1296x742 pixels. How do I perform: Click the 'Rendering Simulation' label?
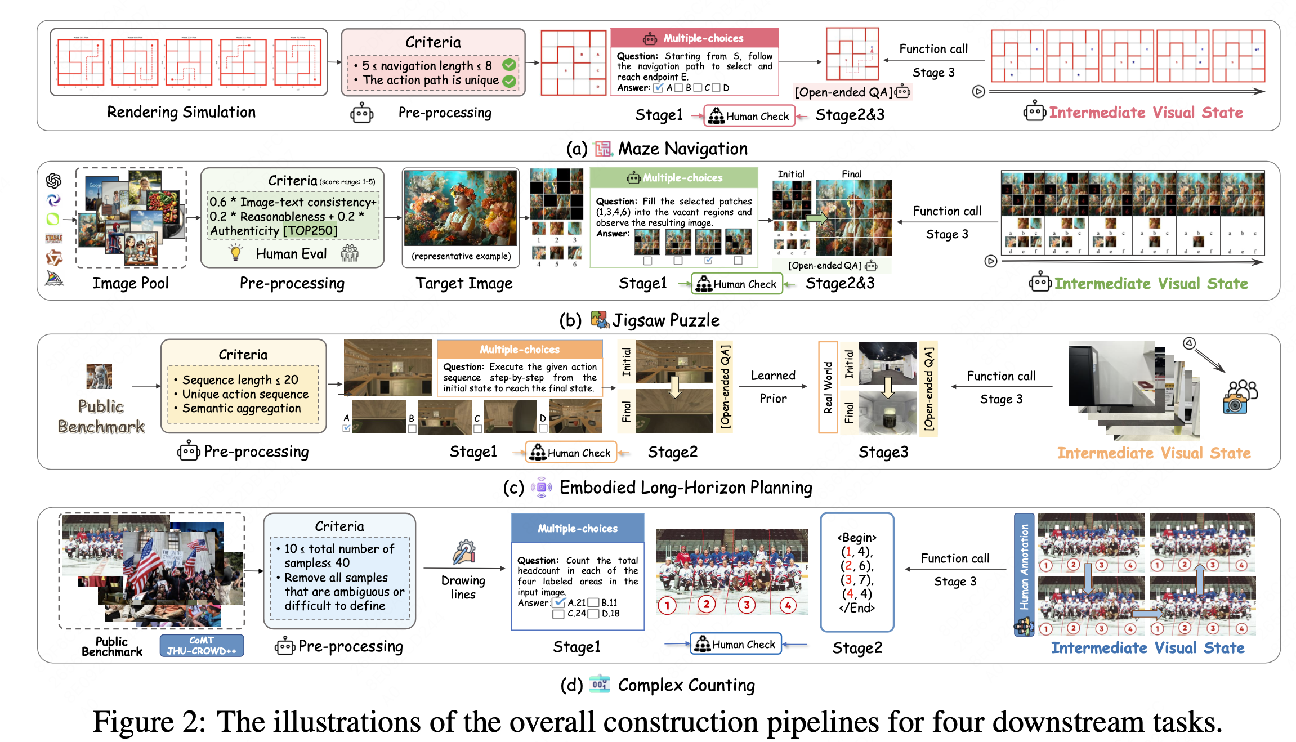pos(181,112)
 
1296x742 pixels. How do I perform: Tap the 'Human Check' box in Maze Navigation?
pos(749,116)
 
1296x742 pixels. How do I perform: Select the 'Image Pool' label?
pos(131,283)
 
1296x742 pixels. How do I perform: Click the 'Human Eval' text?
pos(291,254)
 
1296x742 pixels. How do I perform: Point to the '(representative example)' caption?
pos(461,256)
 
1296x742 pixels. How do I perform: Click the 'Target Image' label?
pos(464,283)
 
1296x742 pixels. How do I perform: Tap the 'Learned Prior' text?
pos(773,387)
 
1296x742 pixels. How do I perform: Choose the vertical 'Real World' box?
pos(828,387)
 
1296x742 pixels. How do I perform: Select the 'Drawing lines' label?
pos(463,587)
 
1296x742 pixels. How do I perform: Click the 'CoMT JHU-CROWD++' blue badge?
pos(202,646)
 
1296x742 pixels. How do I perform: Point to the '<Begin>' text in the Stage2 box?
pos(857,538)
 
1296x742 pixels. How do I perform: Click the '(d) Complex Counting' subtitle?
pos(658,685)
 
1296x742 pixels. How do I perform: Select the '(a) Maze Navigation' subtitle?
pos(657,149)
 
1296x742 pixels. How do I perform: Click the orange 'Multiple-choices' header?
pos(520,349)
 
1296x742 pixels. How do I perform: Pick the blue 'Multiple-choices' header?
pos(578,528)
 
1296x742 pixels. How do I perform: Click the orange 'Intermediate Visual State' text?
pos(1154,453)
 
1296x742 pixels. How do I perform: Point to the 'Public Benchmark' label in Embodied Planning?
pos(101,417)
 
